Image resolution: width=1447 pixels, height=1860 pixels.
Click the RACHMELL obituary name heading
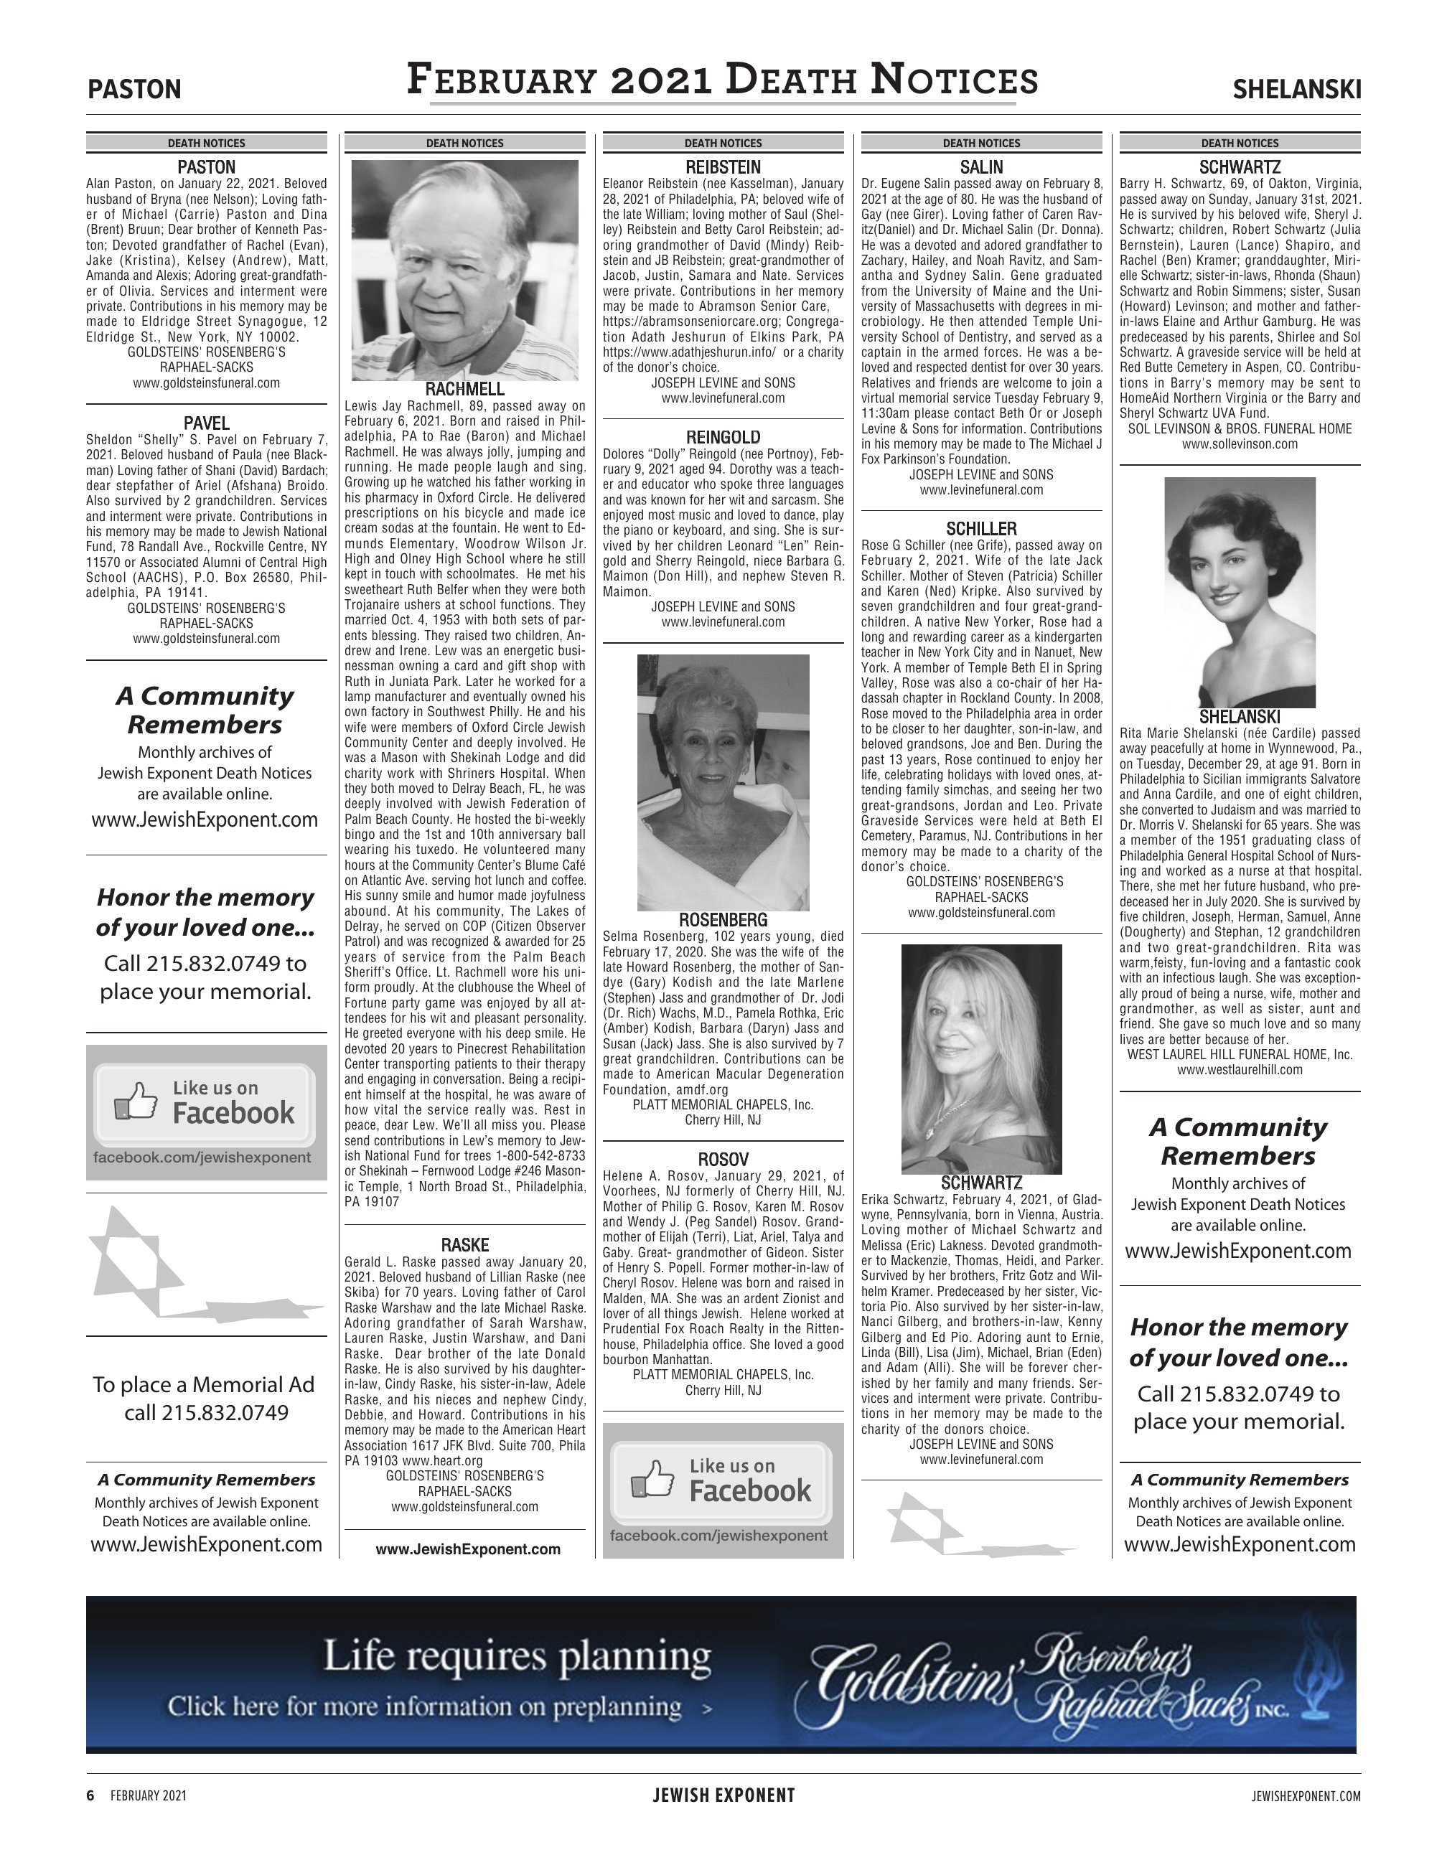tap(464, 389)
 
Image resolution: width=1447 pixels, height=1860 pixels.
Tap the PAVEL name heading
tap(206, 423)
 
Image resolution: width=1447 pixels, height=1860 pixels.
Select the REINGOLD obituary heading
tap(723, 438)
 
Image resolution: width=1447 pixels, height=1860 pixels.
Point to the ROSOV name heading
tap(723, 1159)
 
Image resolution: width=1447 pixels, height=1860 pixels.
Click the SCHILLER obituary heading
tap(981, 529)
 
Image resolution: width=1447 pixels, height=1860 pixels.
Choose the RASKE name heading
tap(464, 1245)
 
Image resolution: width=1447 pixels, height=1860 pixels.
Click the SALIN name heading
tap(981, 167)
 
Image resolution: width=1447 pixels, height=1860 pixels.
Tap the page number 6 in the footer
tap(90, 1796)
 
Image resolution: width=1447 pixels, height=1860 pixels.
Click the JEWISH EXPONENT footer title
tap(723, 1796)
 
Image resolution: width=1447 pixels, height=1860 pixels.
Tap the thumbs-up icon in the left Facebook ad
tap(136, 1102)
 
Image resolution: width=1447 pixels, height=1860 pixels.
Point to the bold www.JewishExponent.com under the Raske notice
tap(467, 1549)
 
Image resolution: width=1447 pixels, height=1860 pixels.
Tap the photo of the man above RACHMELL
tap(464, 270)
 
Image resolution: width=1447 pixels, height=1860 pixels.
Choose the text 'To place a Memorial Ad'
tap(204, 1385)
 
